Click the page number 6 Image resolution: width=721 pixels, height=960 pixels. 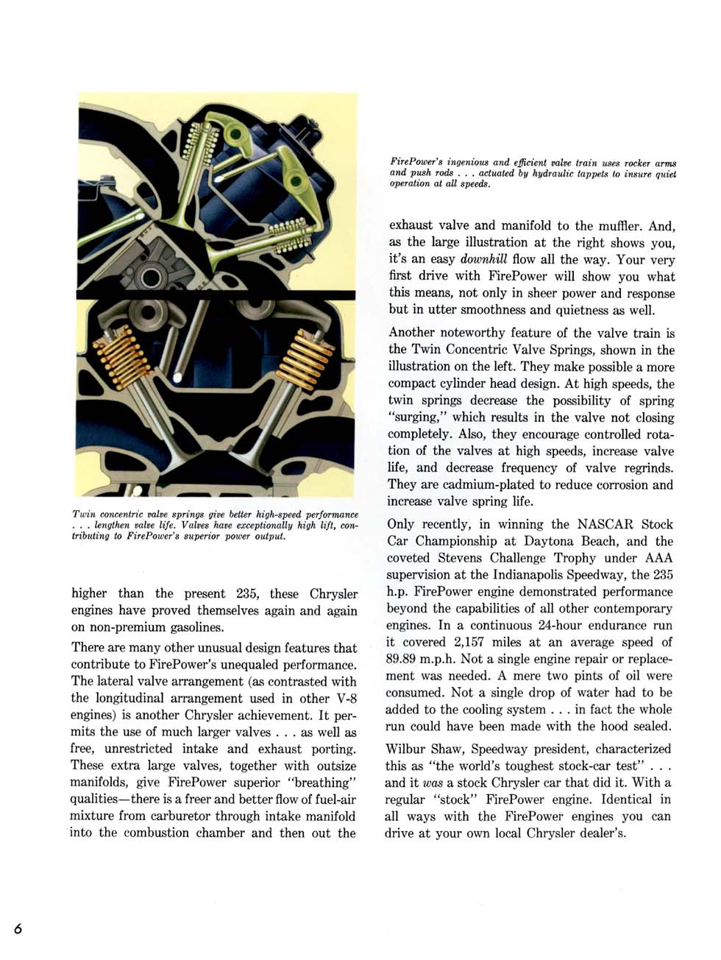click(18, 928)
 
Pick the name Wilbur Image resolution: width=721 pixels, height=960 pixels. click(408, 749)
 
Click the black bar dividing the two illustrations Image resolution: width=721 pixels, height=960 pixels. click(217, 294)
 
